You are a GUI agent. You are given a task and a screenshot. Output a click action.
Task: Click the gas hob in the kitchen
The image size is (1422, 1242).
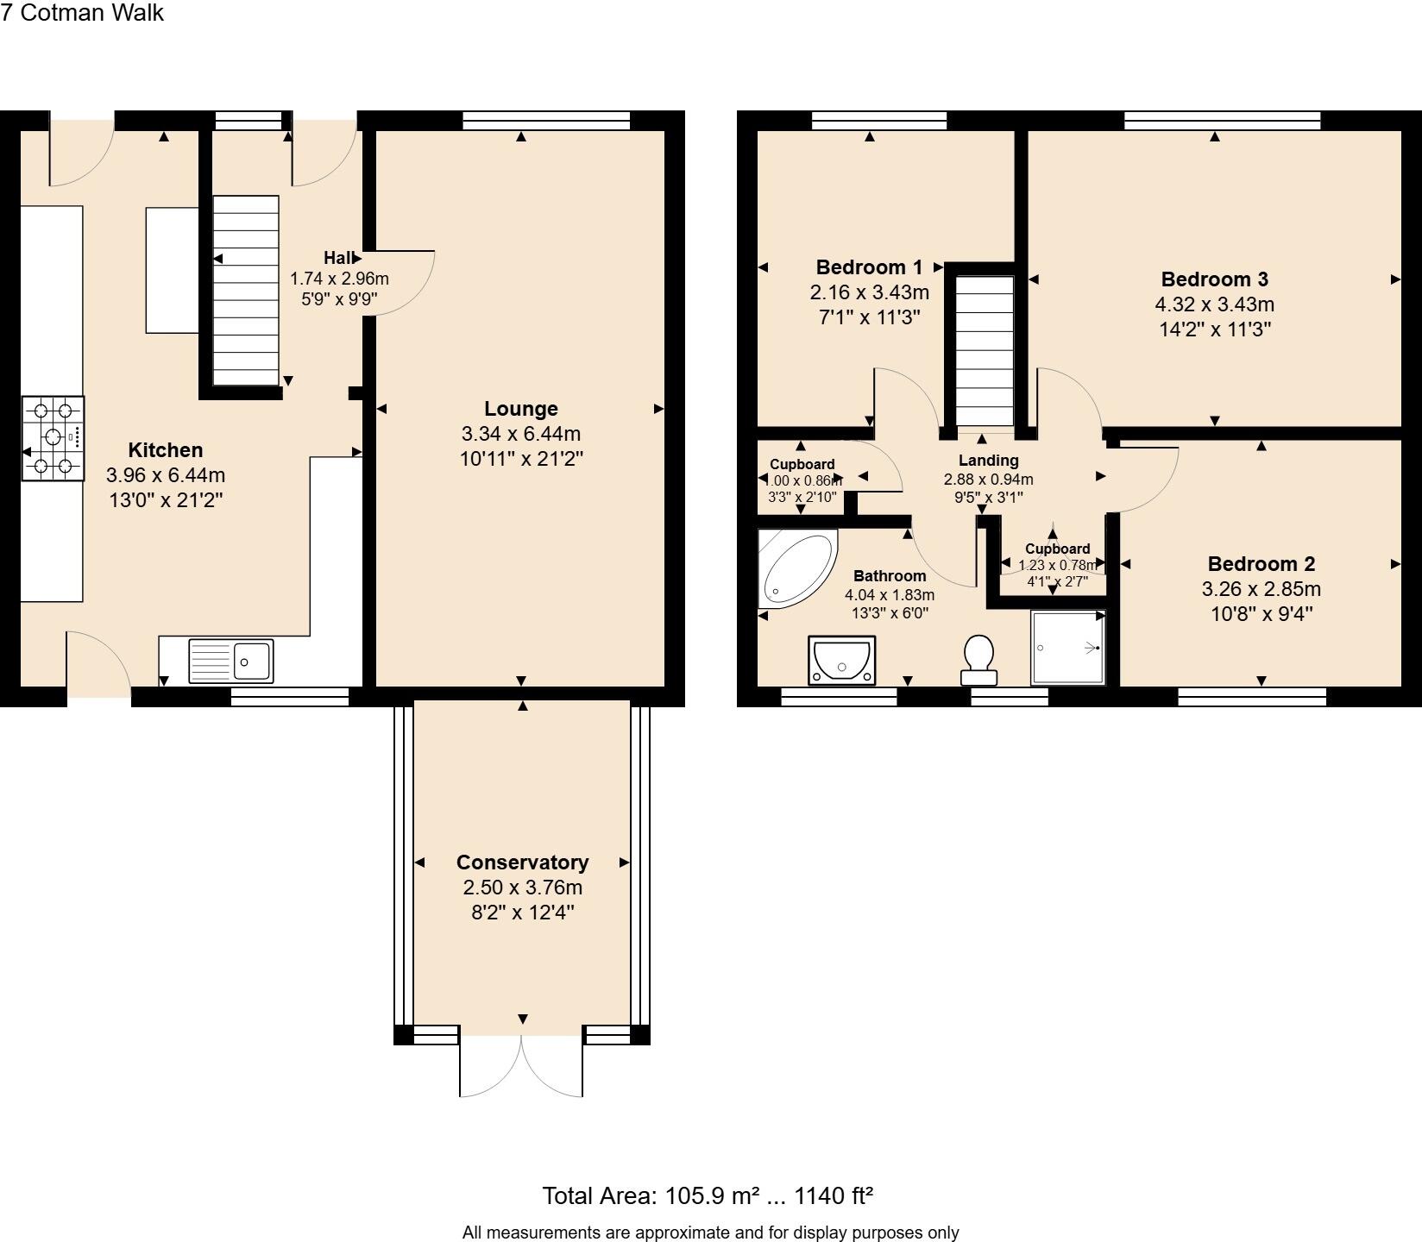point(53,438)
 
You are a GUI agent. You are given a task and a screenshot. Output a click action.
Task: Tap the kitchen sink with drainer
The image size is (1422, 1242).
point(230,661)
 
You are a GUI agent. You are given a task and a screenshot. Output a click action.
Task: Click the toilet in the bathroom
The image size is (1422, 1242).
point(979,662)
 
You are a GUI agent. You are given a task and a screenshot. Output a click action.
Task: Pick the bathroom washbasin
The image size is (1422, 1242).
point(842,660)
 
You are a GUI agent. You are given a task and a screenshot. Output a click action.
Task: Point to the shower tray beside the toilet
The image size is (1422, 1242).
point(1068,648)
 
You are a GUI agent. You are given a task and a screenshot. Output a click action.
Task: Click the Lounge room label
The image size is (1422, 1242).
point(520,409)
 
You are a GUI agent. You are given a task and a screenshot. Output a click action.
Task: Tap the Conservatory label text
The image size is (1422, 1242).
point(522,862)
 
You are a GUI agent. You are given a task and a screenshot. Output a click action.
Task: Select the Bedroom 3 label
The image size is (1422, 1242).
point(1214,279)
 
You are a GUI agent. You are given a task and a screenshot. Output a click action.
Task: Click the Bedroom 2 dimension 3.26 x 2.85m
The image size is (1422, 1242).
point(1261,589)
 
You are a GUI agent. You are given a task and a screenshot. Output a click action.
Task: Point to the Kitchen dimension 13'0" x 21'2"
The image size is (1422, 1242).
point(166,499)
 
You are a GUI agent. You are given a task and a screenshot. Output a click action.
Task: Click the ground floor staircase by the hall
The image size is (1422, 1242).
point(246,291)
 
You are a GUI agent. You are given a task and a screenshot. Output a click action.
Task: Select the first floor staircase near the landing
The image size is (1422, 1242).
point(985,349)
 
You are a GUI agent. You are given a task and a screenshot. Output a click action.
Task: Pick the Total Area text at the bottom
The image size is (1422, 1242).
point(707,1195)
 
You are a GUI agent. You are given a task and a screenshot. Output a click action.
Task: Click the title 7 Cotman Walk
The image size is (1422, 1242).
point(82,13)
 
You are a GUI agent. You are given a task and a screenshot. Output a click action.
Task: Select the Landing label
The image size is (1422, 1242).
point(988,461)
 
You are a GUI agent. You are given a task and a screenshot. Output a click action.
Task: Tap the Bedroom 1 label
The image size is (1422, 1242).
point(869,267)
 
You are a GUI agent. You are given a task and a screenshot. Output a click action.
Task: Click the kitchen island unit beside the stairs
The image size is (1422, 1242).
point(173,270)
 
